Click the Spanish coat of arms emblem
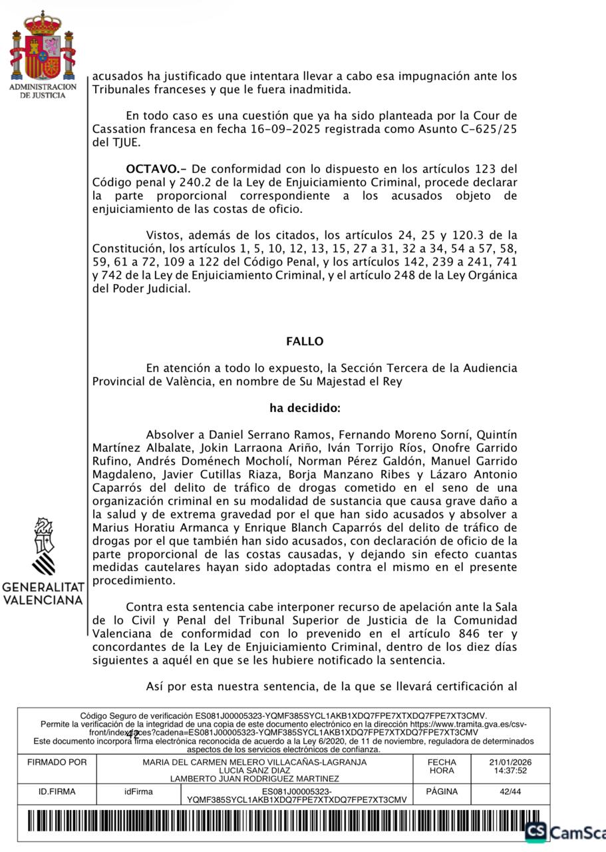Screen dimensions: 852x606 [x=42, y=47]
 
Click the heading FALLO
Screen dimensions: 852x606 [x=305, y=341]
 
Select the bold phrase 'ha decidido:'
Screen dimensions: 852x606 [x=305, y=408]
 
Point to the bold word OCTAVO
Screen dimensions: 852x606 [x=150, y=169]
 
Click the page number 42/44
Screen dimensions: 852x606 [x=510, y=792]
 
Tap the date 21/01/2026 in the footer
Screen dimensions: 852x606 [x=510, y=762]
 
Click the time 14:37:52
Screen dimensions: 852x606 [x=510, y=771]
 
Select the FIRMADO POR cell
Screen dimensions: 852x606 [x=57, y=763]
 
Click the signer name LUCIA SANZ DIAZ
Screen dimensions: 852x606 [x=254, y=771]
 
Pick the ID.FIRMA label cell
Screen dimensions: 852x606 [x=57, y=792]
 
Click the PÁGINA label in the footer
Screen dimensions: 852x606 [x=442, y=792]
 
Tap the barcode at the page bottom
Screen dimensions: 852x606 [x=279, y=822]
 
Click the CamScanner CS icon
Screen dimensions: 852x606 [x=535, y=832]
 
